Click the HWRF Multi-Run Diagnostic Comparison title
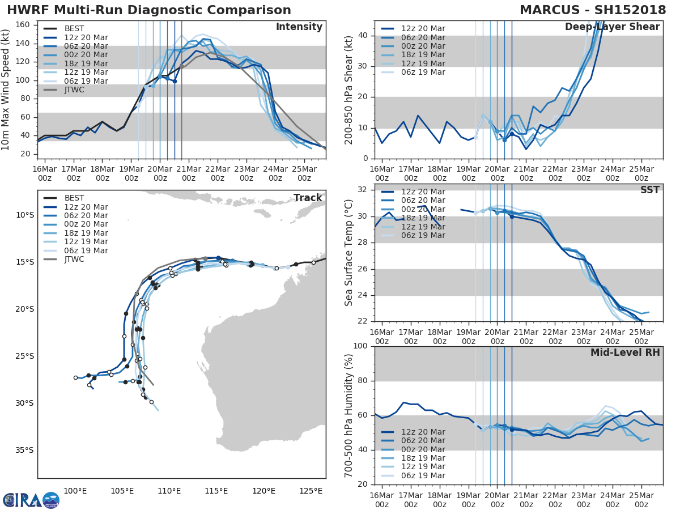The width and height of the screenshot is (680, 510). click(149, 10)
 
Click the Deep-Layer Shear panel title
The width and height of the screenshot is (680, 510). click(612, 27)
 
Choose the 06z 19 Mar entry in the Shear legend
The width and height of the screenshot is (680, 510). click(423, 73)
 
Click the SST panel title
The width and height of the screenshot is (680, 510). click(650, 190)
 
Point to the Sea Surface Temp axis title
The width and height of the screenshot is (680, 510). click(349, 253)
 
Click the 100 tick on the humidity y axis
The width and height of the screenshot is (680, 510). click(362, 346)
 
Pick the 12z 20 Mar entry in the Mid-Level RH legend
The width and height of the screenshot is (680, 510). click(423, 432)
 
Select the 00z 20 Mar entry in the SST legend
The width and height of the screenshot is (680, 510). click(423, 209)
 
